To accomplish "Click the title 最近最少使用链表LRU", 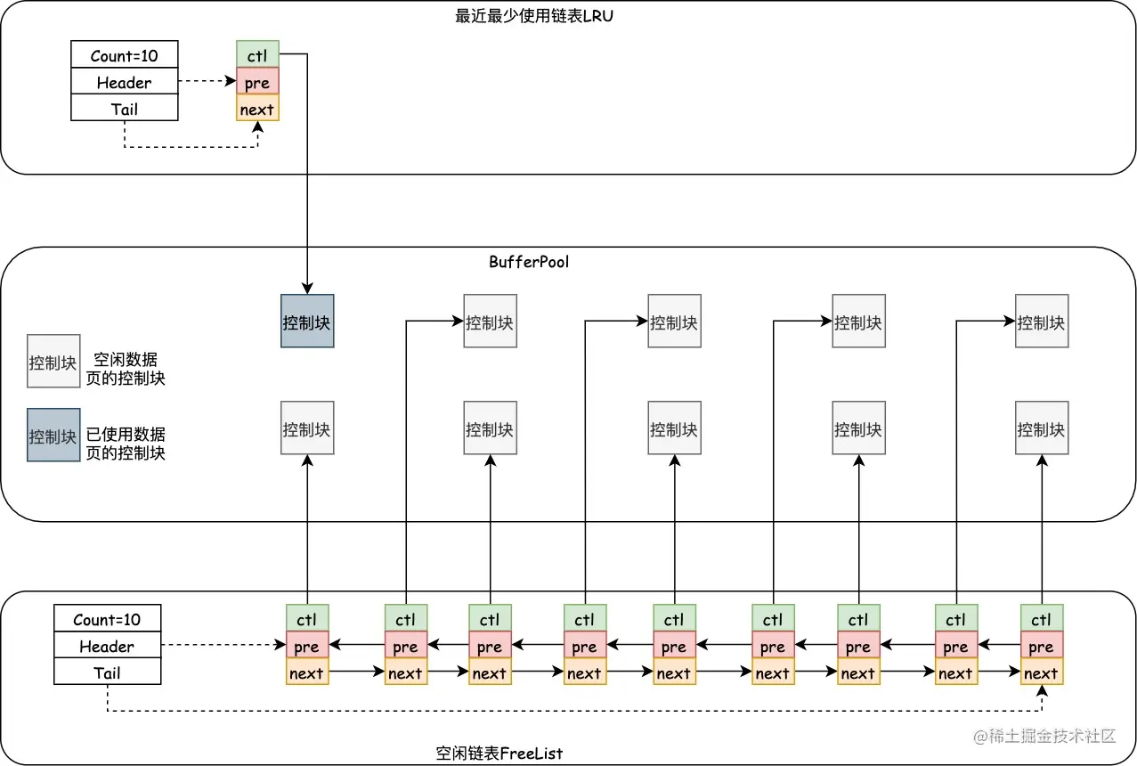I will pyautogui.click(x=533, y=16).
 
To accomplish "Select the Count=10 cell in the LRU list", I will pyautogui.click(x=124, y=55).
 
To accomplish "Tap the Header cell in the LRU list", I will pyautogui.click(x=124, y=82).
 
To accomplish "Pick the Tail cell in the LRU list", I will pyautogui.click(x=124, y=109).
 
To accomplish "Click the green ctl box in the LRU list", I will pyautogui.click(x=257, y=55).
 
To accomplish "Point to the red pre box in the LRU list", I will pyautogui.click(x=257, y=82).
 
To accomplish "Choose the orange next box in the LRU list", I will pyautogui.click(x=257, y=109).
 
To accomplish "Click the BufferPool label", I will pyautogui.click(x=528, y=262).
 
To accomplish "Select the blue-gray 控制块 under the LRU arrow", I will pyautogui.click(x=307, y=322).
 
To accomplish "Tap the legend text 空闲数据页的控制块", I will pyautogui.click(x=130, y=368).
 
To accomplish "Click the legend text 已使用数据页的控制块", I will pyautogui.click(x=126, y=444).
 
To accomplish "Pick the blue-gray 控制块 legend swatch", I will pyautogui.click(x=53, y=436).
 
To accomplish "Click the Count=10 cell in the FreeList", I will pyautogui.click(x=107, y=619).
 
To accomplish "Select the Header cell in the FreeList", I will pyautogui.click(x=107, y=646).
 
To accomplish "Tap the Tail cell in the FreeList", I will pyautogui.click(x=107, y=672).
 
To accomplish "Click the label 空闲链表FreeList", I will pyautogui.click(x=499, y=754).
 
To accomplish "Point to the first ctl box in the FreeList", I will pyautogui.click(x=307, y=619).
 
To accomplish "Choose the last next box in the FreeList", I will pyautogui.click(x=1041, y=672).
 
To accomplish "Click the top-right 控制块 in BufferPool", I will pyautogui.click(x=1042, y=322).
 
